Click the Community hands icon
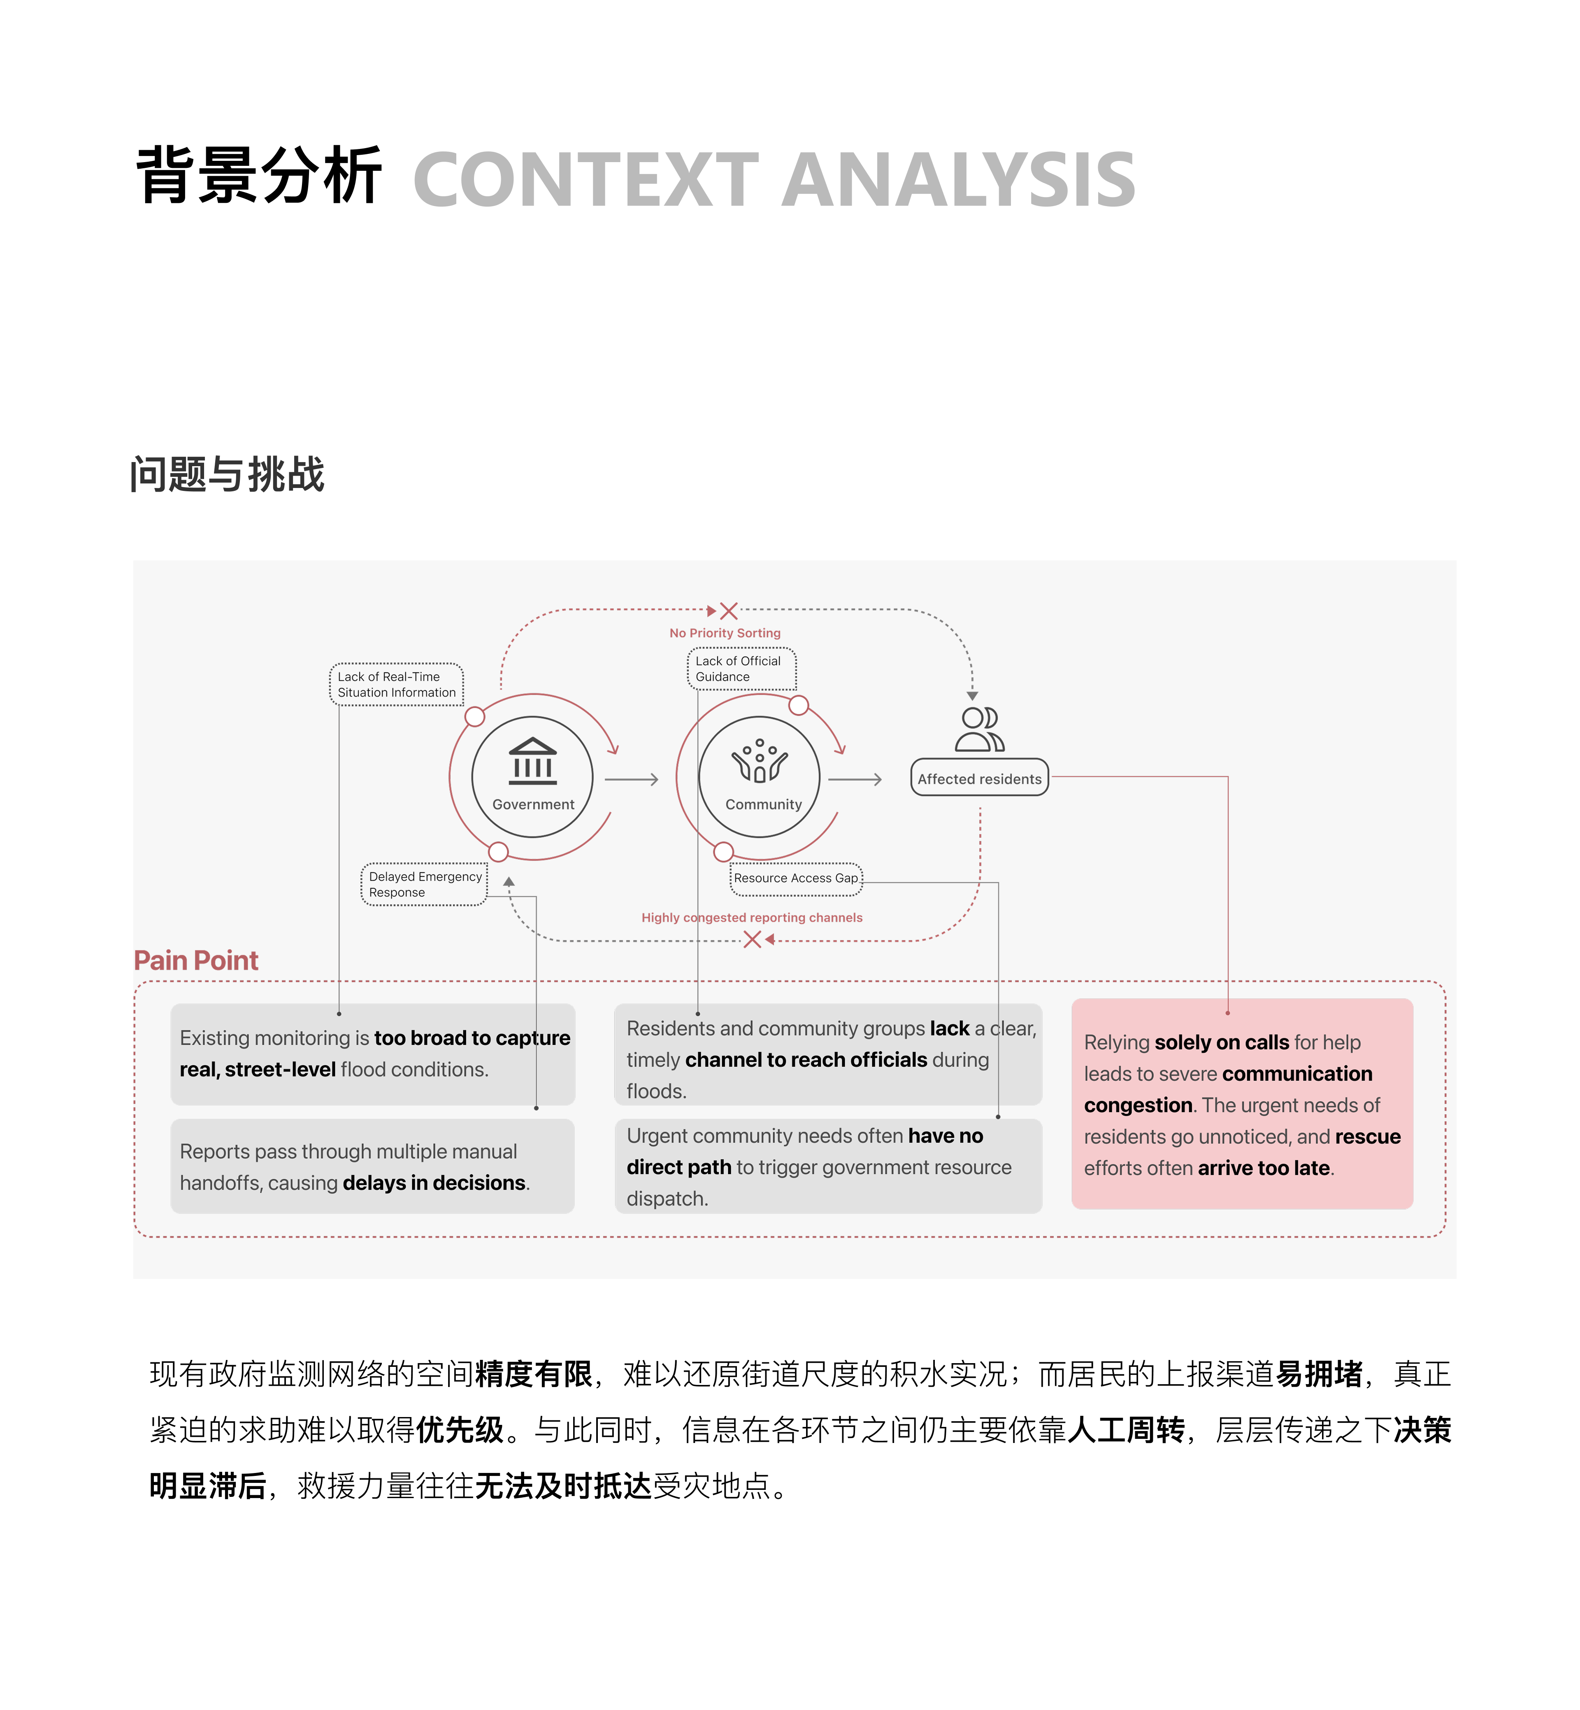[759, 761]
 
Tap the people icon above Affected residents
[980, 730]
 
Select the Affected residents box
[980, 778]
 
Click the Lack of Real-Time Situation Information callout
[397, 684]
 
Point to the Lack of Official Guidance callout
[741, 669]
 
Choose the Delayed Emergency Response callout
[424, 884]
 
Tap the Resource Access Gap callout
[796, 879]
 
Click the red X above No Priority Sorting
[728, 611]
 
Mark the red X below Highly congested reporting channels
[753, 940]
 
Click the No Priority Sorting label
[725, 633]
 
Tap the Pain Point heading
[196, 960]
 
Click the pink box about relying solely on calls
[1242, 1104]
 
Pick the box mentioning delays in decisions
[373, 1166]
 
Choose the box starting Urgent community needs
[829, 1166]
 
